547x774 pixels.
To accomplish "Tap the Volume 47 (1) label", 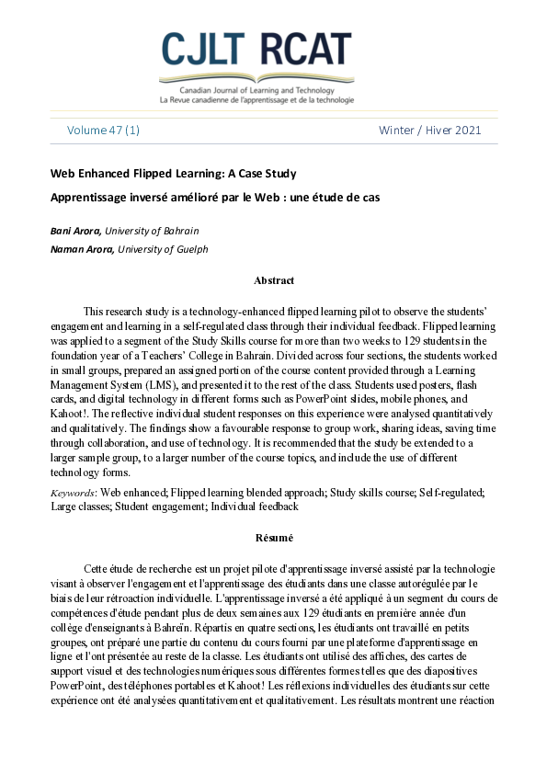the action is pos(103,131).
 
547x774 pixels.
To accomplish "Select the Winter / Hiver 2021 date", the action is pos(429,131).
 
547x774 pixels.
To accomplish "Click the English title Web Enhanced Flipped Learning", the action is pos(173,174).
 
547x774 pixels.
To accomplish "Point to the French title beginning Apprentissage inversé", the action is pos(214,197).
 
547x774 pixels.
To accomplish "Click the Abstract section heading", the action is pos(273,280).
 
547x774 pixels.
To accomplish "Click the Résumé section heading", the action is pos(273,537).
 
